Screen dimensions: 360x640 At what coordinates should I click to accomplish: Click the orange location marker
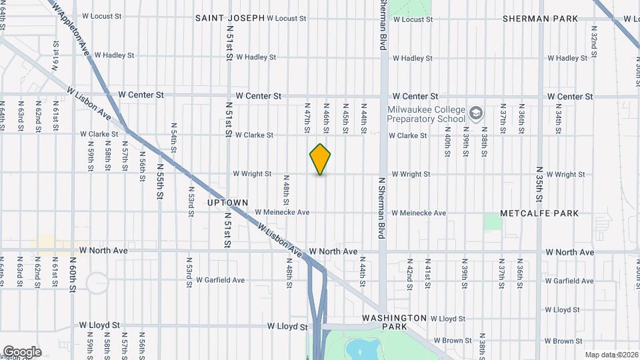[x=321, y=159]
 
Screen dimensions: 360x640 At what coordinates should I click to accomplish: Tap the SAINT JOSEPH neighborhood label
[x=230, y=18]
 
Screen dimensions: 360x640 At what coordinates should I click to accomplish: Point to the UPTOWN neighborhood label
[x=227, y=202]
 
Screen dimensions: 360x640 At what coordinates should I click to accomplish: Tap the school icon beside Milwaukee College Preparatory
[x=475, y=113]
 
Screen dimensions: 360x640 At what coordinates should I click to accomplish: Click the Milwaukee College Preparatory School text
[x=427, y=114]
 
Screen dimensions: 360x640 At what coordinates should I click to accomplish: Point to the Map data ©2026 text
[x=611, y=355]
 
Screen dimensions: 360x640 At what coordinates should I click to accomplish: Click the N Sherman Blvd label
[x=383, y=207]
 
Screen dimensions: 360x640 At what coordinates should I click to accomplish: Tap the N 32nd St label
[x=593, y=45]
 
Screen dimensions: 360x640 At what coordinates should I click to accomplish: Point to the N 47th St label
[x=308, y=118]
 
